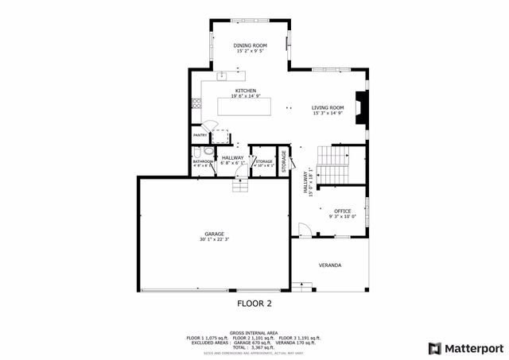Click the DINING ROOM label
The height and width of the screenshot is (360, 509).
[x=249, y=46]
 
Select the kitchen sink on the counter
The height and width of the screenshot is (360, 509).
[x=222, y=77]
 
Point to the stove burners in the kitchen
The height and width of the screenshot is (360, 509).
[x=196, y=102]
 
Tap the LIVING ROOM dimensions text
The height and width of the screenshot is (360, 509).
[x=327, y=114]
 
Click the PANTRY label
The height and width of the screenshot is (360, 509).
[x=200, y=136]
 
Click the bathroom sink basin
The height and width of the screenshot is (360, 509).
[x=197, y=152]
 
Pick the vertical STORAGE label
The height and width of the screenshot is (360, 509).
[x=283, y=159]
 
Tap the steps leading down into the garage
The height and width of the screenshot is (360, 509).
[x=240, y=185]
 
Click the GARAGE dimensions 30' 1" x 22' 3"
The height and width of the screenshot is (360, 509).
[x=214, y=239]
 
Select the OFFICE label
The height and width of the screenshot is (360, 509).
[x=342, y=211]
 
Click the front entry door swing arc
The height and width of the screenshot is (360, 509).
[x=303, y=230]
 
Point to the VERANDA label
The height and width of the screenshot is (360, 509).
[x=330, y=265]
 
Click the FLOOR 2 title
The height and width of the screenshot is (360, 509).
[x=254, y=304]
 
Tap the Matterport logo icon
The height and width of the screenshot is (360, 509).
[x=433, y=347]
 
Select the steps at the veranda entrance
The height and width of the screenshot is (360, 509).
[x=302, y=285]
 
